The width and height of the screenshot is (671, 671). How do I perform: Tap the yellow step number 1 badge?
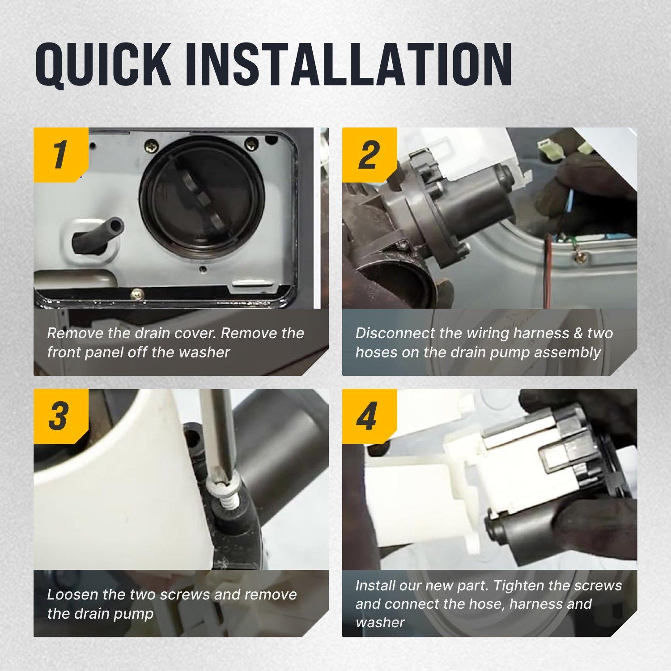click(61, 155)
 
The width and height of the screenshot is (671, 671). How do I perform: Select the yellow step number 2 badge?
click(369, 155)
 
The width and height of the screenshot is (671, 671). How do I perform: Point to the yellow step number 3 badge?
click(61, 416)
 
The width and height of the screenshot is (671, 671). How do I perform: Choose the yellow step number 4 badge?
click(369, 416)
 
